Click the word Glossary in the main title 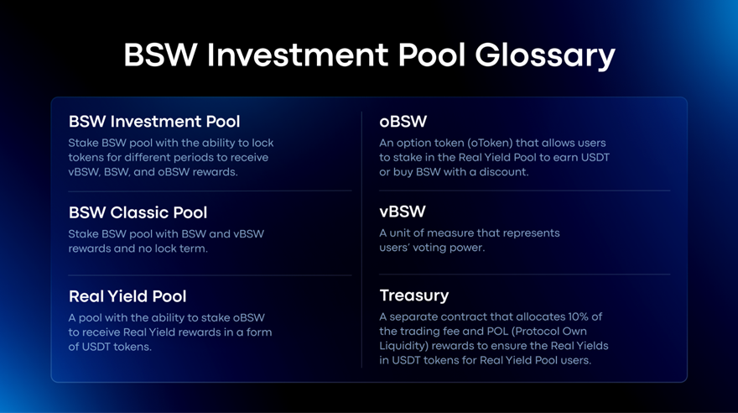pos(544,56)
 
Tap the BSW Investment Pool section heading pos(154,122)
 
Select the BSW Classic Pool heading pos(138,212)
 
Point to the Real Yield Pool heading pos(127,296)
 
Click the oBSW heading pos(403,122)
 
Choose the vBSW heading pos(403,212)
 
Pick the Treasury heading pos(414,295)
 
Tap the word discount pos(504,172)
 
